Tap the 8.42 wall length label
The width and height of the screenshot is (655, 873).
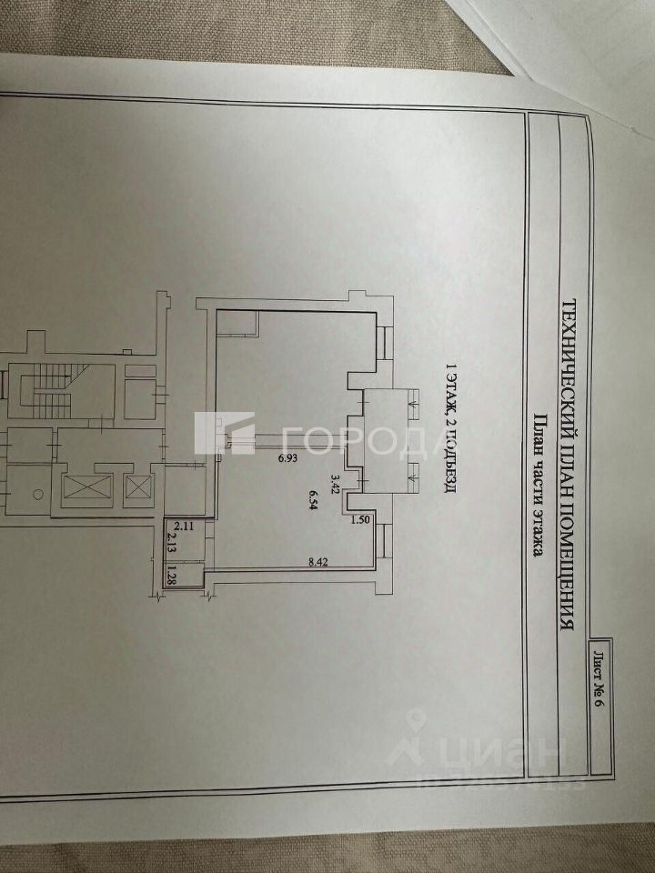pyautogui.click(x=317, y=562)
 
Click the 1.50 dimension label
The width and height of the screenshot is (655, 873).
pyautogui.click(x=361, y=520)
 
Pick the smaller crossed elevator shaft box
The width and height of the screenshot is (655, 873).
pyautogui.click(x=138, y=488)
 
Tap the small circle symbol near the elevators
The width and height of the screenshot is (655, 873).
pyautogui.click(x=38, y=494)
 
